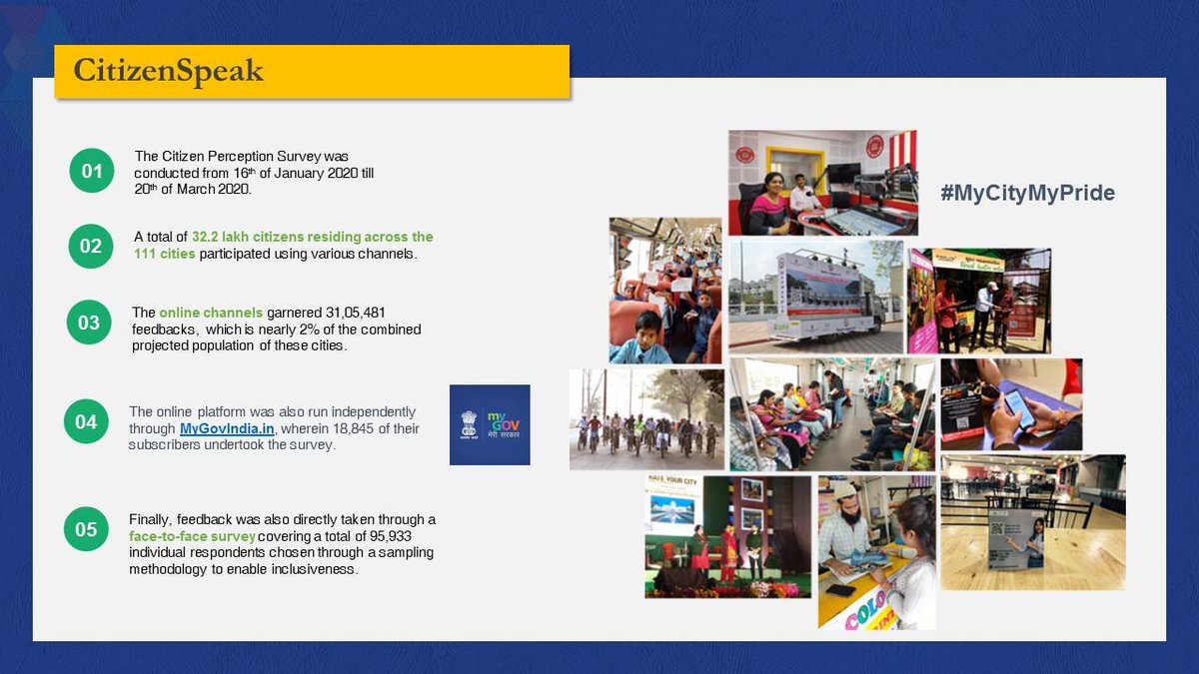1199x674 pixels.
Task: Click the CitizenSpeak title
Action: click(169, 71)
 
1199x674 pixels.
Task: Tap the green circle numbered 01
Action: click(92, 171)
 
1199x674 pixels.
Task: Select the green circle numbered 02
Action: click(91, 246)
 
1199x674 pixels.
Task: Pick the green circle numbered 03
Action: click(89, 323)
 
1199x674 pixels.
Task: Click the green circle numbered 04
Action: click(86, 421)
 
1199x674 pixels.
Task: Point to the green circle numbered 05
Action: click(86, 529)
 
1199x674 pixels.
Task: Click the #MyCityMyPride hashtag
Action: click(1026, 193)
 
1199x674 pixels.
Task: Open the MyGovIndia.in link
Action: click(228, 428)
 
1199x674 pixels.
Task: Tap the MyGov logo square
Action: click(490, 424)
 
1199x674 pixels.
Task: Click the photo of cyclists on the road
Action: click(646, 419)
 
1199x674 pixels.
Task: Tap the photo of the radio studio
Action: click(821, 182)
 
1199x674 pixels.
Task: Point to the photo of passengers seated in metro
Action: click(831, 414)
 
